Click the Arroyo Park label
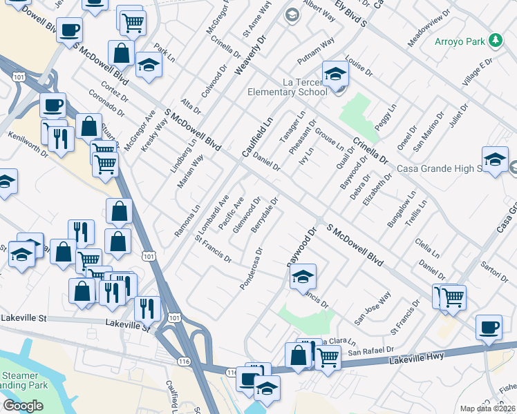(x=459, y=41)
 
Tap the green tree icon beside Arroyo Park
(x=495, y=41)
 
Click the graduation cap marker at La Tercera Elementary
(x=335, y=75)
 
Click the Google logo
(x=23, y=406)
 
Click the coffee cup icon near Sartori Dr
(x=489, y=328)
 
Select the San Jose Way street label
(x=373, y=308)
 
